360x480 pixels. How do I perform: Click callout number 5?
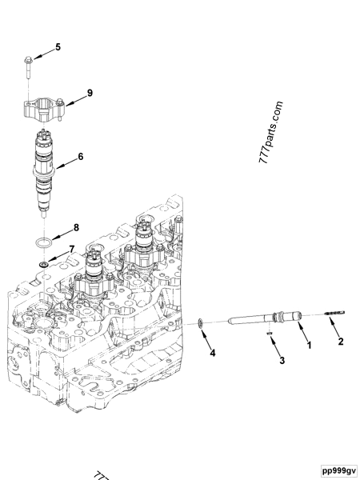(58, 48)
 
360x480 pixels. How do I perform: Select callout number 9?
(90, 94)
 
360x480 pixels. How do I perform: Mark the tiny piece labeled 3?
(270, 335)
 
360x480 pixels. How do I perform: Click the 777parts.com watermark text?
(272, 133)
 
